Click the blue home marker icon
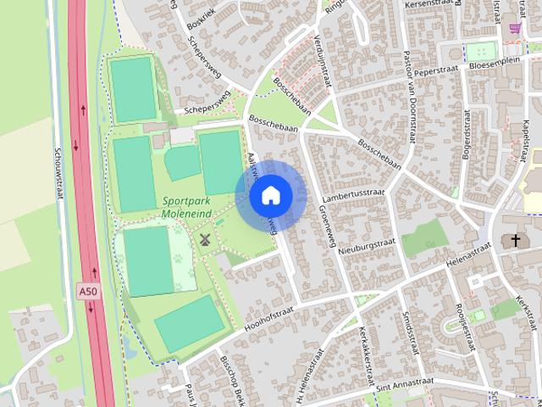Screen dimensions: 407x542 tap(271, 196)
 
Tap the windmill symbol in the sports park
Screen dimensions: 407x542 tap(204, 240)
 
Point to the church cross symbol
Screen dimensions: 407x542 tap(516, 241)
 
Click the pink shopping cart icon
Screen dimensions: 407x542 tap(515, 28)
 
